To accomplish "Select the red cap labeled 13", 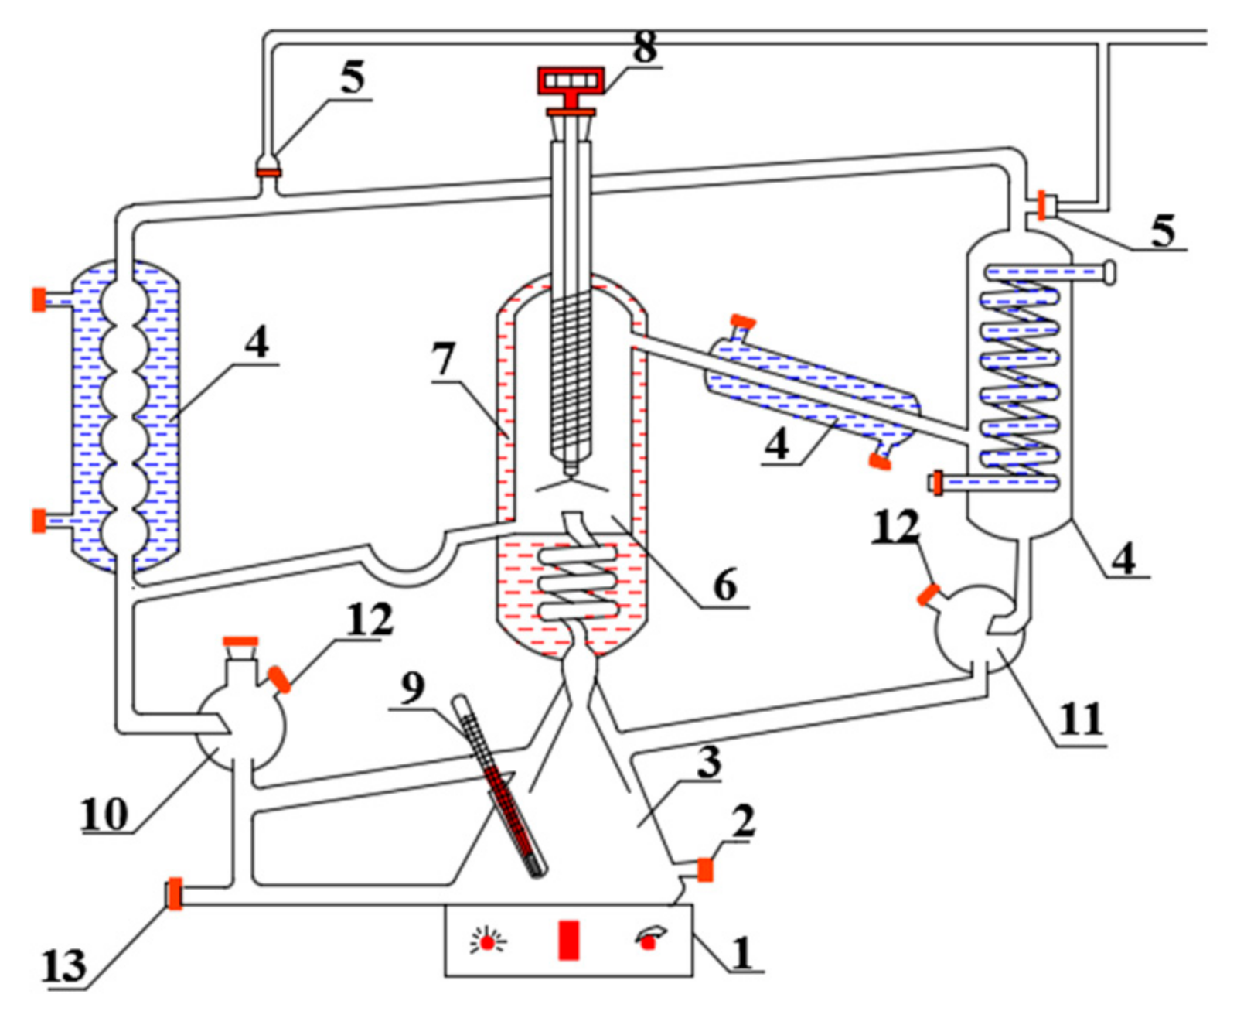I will [x=175, y=893].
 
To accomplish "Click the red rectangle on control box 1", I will [x=569, y=939].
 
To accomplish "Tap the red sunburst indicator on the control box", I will [x=488, y=941].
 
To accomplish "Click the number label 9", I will [x=413, y=687].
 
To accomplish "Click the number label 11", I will [x=1081, y=719].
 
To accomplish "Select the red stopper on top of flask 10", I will [x=240, y=641].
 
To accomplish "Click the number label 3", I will [x=708, y=762].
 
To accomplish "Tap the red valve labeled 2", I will [x=705, y=869].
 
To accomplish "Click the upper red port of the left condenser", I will [x=39, y=299].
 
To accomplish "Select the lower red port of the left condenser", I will [x=39, y=521].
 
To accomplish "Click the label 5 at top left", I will [x=352, y=77].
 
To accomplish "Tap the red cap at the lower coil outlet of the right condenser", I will [x=937, y=483].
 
